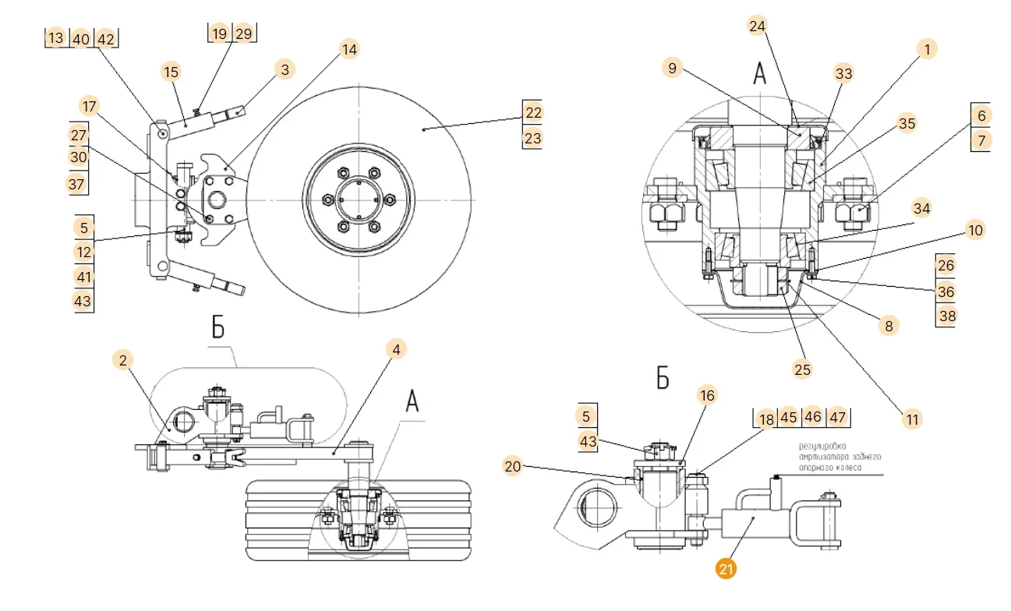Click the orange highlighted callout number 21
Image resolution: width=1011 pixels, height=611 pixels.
pos(726,570)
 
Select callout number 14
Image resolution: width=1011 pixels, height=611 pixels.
pos(348,50)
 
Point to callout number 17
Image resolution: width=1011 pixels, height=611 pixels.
pos(90,106)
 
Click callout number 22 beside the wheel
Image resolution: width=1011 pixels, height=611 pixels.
pos(532,112)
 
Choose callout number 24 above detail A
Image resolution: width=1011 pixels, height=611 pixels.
pos(757,26)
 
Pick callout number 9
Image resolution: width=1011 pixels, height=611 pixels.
pos(672,68)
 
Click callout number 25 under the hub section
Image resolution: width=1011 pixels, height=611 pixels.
pos(802,369)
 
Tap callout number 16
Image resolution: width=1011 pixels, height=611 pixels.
pos(707,396)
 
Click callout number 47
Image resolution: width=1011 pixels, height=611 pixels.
pos(837,417)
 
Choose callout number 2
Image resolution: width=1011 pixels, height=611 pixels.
pos(122,359)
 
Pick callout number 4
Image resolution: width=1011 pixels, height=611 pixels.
pos(396,349)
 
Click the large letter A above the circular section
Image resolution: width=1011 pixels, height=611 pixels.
pos(759,74)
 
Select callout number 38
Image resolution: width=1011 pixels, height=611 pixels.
pos(946,316)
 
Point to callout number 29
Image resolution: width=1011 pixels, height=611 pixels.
pos(244,34)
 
